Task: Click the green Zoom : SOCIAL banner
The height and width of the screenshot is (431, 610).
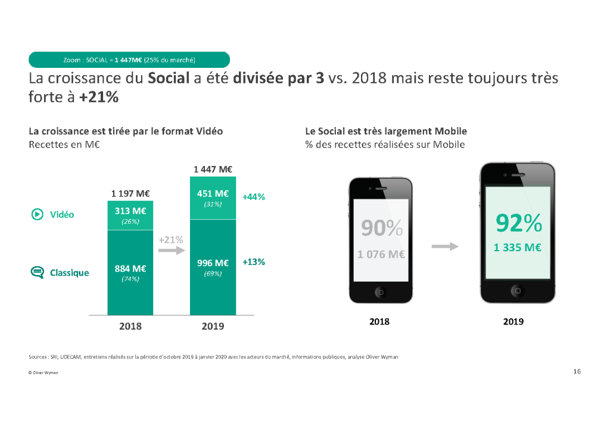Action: point(129,60)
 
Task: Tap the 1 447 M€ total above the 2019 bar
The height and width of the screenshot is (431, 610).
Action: point(213,169)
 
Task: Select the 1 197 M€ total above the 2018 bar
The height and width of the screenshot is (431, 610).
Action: point(130,193)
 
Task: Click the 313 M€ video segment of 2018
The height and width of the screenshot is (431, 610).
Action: point(130,215)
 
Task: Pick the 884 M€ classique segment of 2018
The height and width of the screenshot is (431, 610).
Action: point(130,273)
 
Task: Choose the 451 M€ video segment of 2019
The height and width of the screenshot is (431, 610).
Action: point(213,198)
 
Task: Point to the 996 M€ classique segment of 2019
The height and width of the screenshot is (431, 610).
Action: point(213,267)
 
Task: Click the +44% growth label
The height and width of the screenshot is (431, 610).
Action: point(254,196)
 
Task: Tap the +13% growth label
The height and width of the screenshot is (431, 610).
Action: point(254,261)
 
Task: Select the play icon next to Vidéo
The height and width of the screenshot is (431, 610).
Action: point(37,214)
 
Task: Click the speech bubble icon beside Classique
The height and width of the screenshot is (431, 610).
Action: point(37,273)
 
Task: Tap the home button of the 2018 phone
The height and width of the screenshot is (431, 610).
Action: point(381,292)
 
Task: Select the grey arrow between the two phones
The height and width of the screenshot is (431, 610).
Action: point(445,246)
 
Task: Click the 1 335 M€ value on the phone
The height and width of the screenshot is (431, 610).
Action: point(517,248)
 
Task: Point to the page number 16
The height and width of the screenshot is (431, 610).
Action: point(577,371)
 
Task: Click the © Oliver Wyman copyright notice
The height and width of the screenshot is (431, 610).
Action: point(43,373)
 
